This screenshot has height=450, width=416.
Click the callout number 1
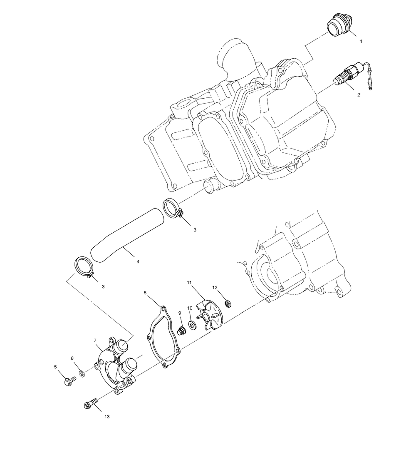click(x=361, y=41)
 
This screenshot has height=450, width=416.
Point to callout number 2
click(x=358, y=95)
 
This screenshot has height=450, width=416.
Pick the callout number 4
click(x=138, y=262)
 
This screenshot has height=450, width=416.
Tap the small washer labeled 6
click(x=82, y=373)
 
